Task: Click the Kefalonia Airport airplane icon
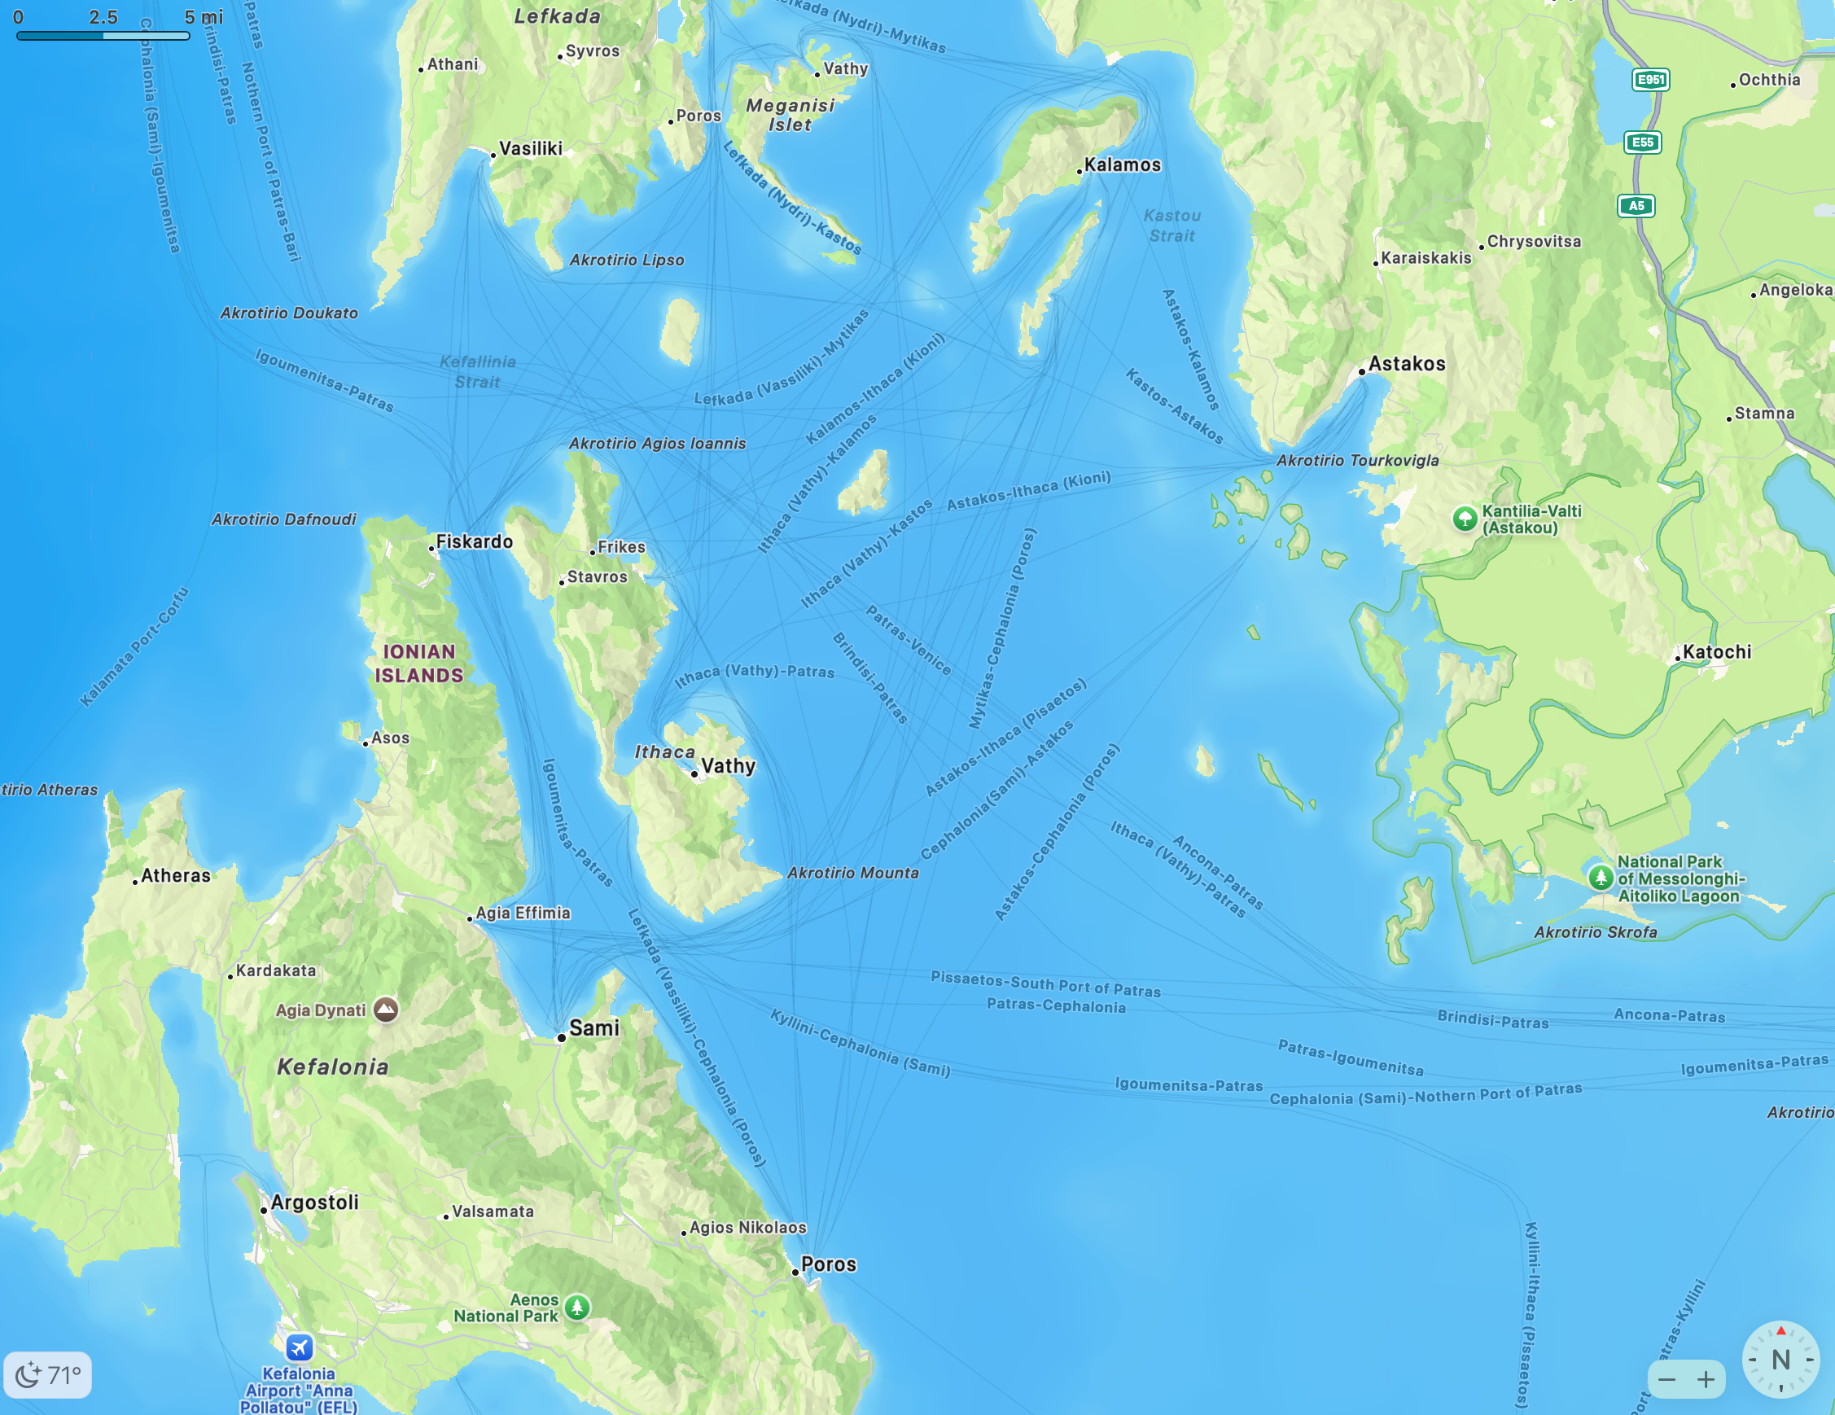click(299, 1347)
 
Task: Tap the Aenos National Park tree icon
click(576, 1307)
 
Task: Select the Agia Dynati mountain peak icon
click(386, 1010)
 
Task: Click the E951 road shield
click(1650, 80)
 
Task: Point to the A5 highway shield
click(1636, 206)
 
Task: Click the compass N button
click(1780, 1359)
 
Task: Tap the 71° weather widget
click(48, 1374)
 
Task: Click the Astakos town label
click(1407, 364)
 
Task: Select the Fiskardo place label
click(474, 542)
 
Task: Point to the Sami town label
click(594, 1027)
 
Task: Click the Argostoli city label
click(314, 1203)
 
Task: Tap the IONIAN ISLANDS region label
click(419, 663)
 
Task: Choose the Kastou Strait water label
click(1172, 226)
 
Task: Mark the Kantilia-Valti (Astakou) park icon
click(1465, 519)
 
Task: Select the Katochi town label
click(1716, 652)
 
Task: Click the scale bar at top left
click(103, 35)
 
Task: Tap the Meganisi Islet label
click(790, 115)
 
